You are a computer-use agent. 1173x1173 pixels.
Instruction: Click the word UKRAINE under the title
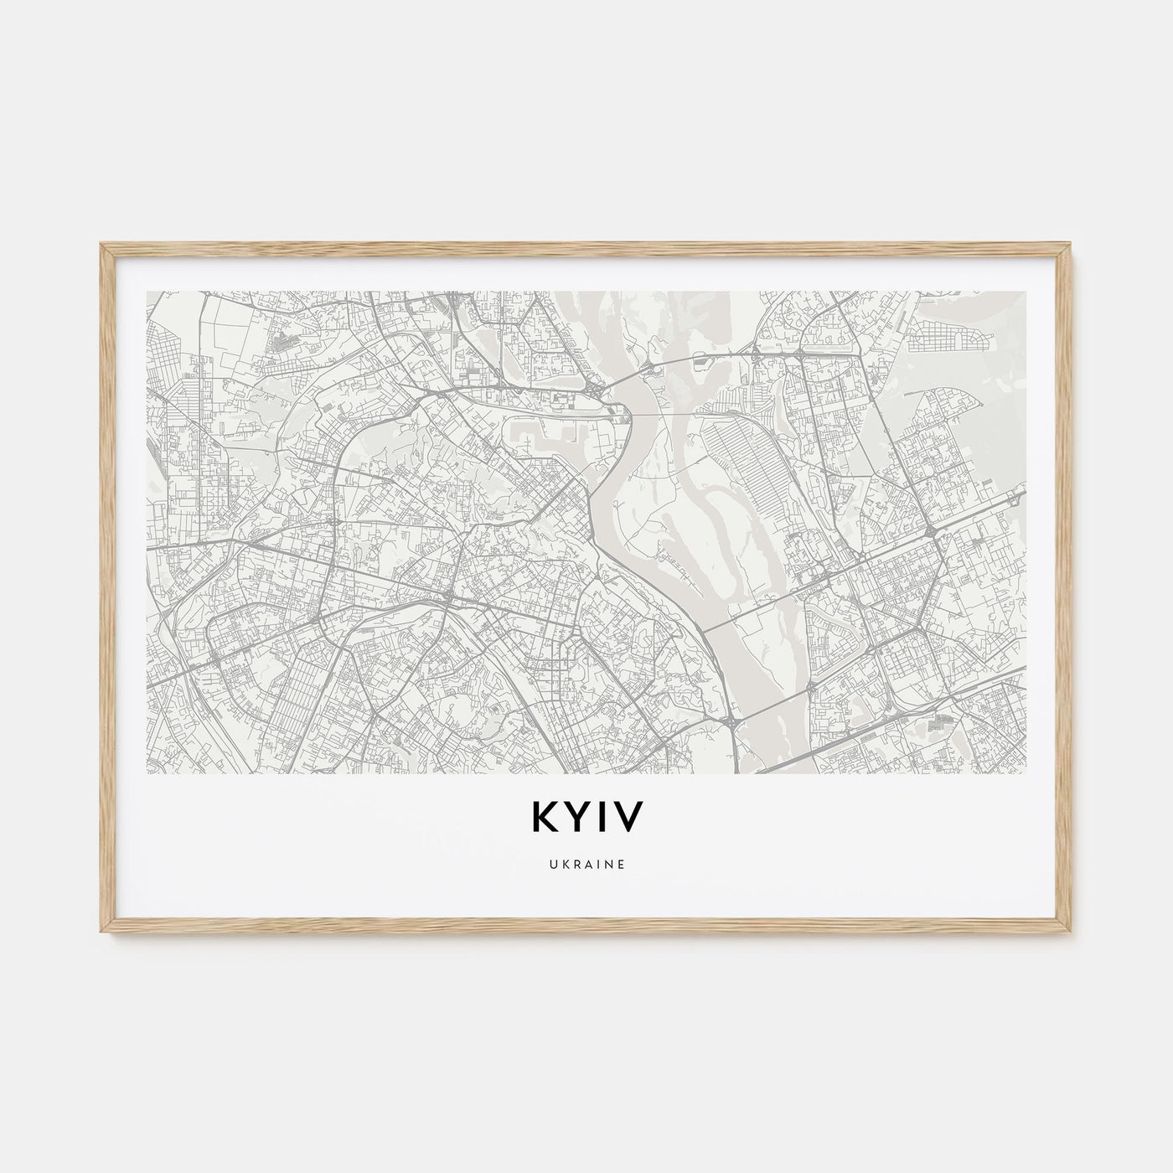tap(586, 865)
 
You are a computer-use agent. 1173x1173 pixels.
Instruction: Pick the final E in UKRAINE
tap(621, 865)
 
